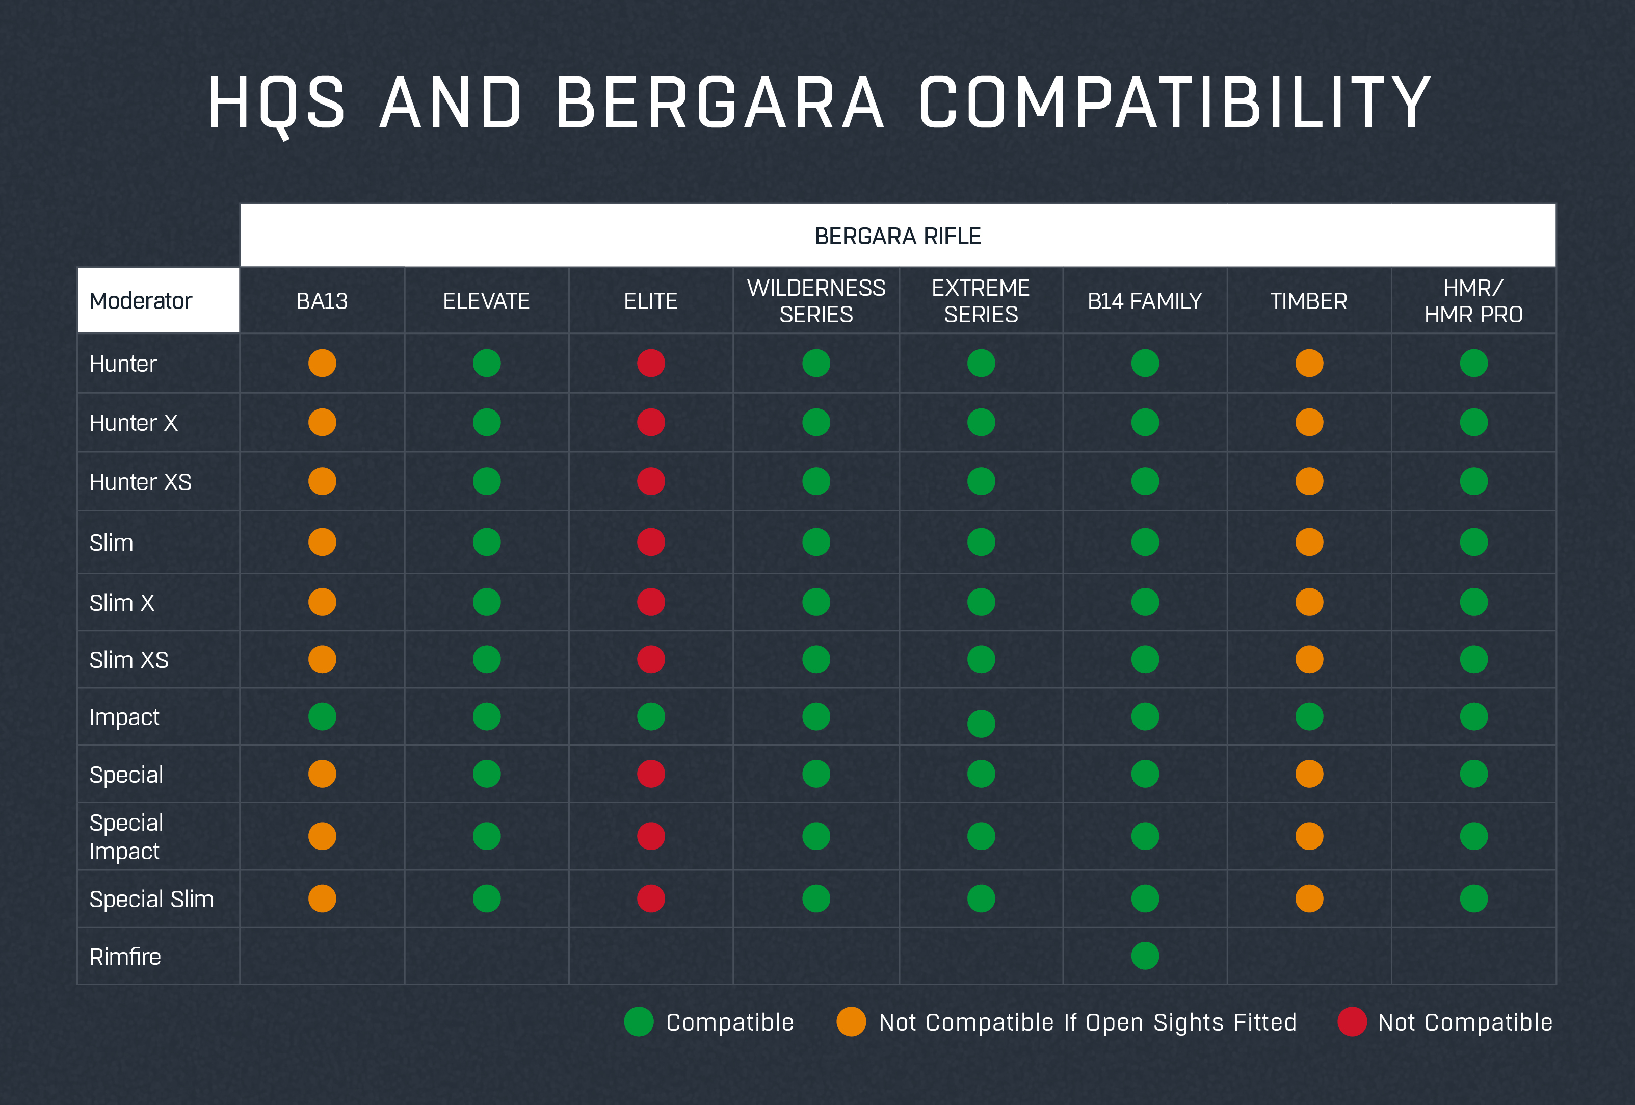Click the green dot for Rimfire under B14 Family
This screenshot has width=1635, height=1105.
click(1145, 956)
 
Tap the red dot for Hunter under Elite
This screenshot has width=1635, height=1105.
click(651, 363)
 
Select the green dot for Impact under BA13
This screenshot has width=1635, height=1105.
click(322, 716)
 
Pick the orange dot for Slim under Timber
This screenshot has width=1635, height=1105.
click(1309, 542)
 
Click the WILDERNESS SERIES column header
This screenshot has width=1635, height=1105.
click(816, 301)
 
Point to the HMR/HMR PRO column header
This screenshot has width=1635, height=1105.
click(1473, 301)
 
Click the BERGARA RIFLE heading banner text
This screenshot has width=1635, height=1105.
click(897, 237)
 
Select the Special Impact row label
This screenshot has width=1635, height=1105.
click(126, 837)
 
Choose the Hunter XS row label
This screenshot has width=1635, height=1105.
click(140, 482)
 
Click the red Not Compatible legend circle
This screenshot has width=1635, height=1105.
click(1352, 1022)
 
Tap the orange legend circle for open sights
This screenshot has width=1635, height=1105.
click(851, 1022)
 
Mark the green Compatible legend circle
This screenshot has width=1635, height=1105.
click(639, 1022)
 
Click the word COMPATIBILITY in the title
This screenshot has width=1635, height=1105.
click(1175, 104)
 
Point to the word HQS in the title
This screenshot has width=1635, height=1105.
click(276, 104)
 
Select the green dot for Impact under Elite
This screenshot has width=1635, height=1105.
click(651, 716)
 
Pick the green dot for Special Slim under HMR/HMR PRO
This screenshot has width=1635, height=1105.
click(1473, 899)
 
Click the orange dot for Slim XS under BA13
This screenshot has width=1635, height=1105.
click(322, 659)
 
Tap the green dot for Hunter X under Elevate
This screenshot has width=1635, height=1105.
click(487, 422)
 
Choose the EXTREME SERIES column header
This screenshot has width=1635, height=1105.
click(981, 301)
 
